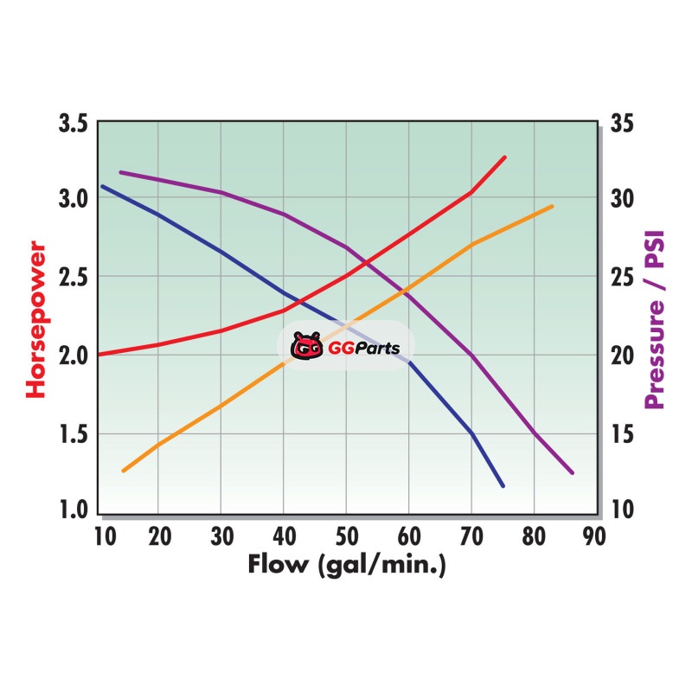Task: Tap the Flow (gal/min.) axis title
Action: pyautogui.click(x=346, y=566)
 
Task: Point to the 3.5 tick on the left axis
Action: pyautogui.click(x=73, y=123)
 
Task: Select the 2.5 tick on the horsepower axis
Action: pyautogui.click(x=73, y=278)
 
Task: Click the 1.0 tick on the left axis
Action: pyautogui.click(x=73, y=509)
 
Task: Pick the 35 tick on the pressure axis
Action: pyautogui.click(x=622, y=123)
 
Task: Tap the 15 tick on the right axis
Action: pyautogui.click(x=622, y=432)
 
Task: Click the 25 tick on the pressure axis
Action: pyautogui.click(x=622, y=278)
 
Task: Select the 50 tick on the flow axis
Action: pyautogui.click(x=346, y=535)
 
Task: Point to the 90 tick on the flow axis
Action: pyautogui.click(x=594, y=535)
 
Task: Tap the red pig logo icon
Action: pyautogui.click(x=305, y=347)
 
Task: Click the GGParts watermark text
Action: pyautogui.click(x=358, y=348)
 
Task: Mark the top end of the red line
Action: pyautogui.click(x=504, y=157)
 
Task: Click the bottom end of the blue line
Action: pyautogui.click(x=503, y=486)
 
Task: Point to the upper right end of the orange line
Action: pyautogui.click(x=552, y=206)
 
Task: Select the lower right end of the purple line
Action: pyautogui.click(x=572, y=472)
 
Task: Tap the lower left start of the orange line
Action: pyautogui.click(x=124, y=471)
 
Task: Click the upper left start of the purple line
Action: pyautogui.click(x=120, y=172)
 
